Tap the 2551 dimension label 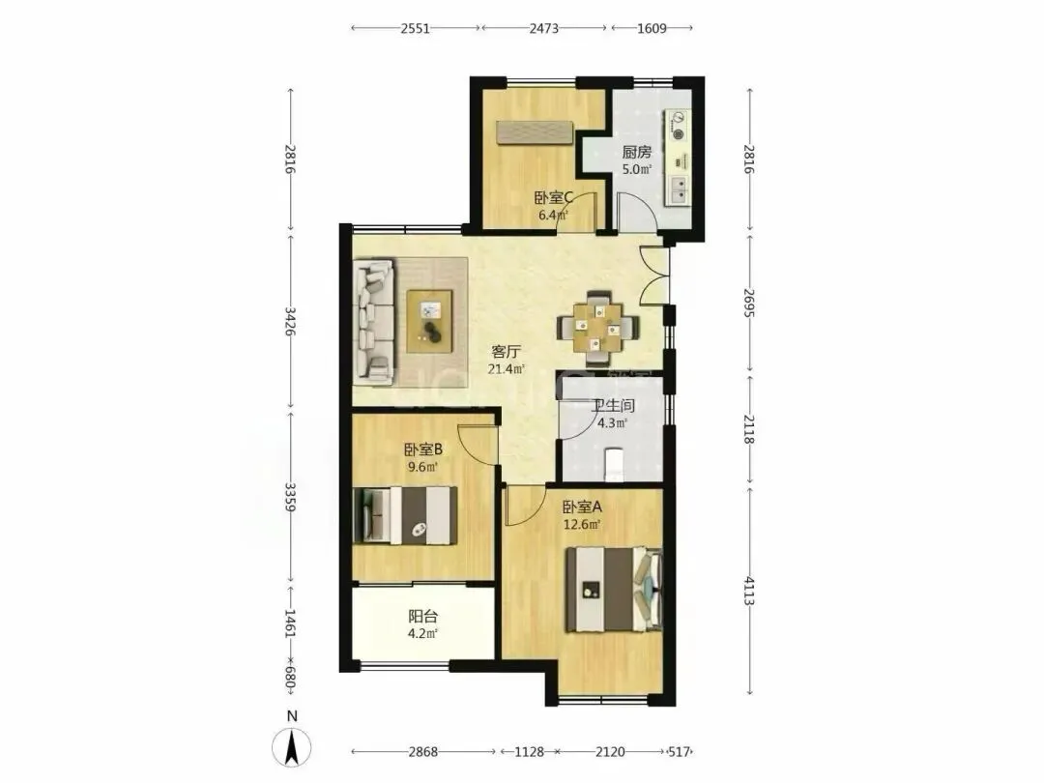tap(415, 29)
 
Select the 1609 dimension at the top tap(652, 29)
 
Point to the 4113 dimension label tap(749, 591)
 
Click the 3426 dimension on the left tap(290, 320)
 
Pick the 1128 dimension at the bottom tap(530, 752)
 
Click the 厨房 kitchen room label tap(636, 152)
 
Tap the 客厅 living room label tap(506, 351)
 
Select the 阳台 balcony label tap(422, 617)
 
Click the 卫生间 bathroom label tap(613, 405)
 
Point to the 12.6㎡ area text tap(582, 525)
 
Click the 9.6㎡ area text tap(422, 467)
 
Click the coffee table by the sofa tap(429, 321)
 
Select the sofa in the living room tap(374, 322)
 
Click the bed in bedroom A tap(613, 590)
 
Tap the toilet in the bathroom tap(613, 464)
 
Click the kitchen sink tap(679, 189)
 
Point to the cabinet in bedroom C tap(535, 131)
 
